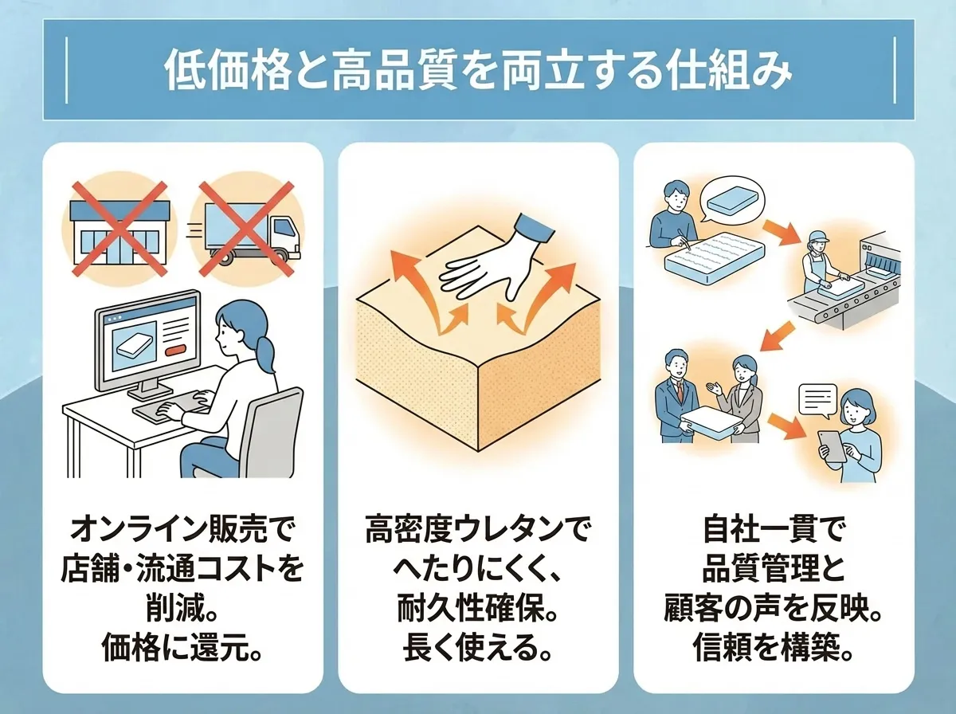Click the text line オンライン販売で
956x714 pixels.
coord(183,528)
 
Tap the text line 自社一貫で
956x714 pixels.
coord(773,528)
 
